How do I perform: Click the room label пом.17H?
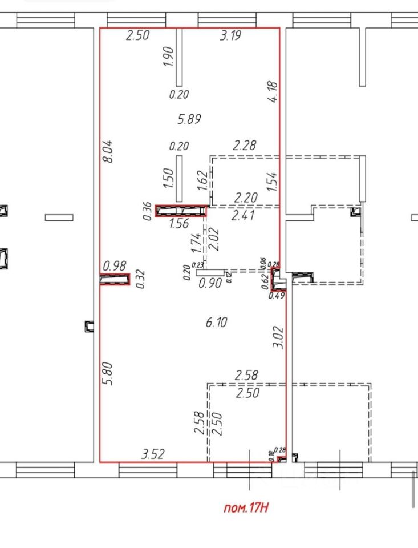(x=245, y=507)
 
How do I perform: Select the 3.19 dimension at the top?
(x=230, y=35)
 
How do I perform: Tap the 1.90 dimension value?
(x=168, y=57)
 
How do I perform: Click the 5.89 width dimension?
(x=190, y=119)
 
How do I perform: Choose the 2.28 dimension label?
(x=244, y=146)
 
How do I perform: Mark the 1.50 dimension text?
(x=168, y=179)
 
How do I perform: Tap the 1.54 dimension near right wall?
(x=272, y=182)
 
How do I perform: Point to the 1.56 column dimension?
(x=179, y=224)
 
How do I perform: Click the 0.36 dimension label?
(x=148, y=211)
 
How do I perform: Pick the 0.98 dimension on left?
(x=114, y=265)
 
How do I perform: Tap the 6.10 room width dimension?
(x=216, y=323)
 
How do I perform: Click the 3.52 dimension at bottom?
(x=153, y=454)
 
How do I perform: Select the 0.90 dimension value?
(x=209, y=283)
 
